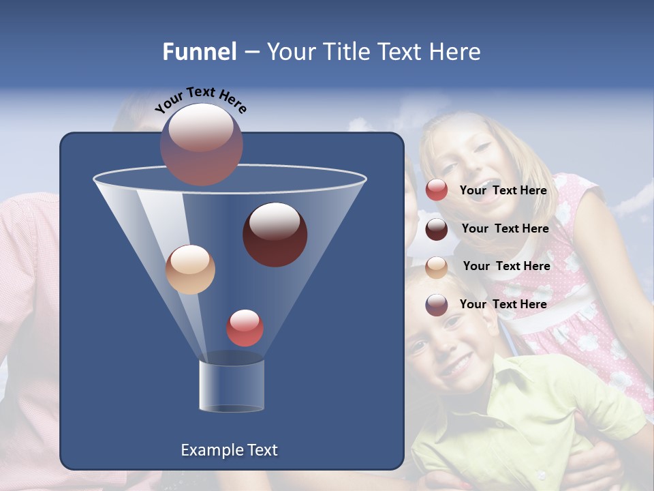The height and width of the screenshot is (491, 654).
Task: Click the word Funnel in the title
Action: [x=199, y=52]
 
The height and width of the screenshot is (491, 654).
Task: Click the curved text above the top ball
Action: [x=200, y=99]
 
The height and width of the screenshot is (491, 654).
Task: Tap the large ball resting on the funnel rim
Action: [x=201, y=144]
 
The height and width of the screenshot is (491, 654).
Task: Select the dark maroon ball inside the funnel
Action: [x=275, y=234]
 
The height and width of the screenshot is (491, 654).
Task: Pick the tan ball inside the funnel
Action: [x=190, y=269]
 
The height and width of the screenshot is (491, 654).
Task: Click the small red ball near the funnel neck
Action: [x=245, y=327]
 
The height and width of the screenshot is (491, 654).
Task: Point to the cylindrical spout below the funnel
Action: [x=232, y=386]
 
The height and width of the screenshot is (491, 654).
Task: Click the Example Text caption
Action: [x=229, y=450]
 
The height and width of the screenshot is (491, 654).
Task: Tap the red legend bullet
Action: [x=437, y=190]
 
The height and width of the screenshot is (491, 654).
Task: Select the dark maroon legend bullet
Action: [x=437, y=228]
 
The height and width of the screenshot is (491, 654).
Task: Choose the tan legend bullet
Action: [x=437, y=267]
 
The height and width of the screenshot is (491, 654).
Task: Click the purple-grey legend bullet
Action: [x=437, y=305]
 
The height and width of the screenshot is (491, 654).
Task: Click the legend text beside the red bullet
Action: [x=503, y=190]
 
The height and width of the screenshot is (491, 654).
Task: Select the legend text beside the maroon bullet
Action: [x=505, y=228]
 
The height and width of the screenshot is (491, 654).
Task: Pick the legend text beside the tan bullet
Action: [x=506, y=266]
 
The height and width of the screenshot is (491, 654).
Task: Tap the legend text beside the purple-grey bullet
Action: [x=503, y=304]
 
